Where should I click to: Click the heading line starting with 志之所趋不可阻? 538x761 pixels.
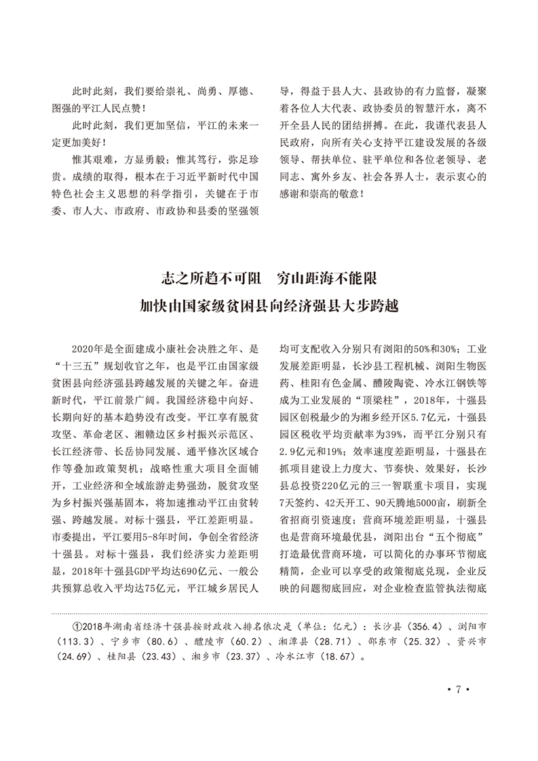tap(269, 279)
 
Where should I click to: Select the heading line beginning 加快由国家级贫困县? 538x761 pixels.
tap(269, 305)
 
